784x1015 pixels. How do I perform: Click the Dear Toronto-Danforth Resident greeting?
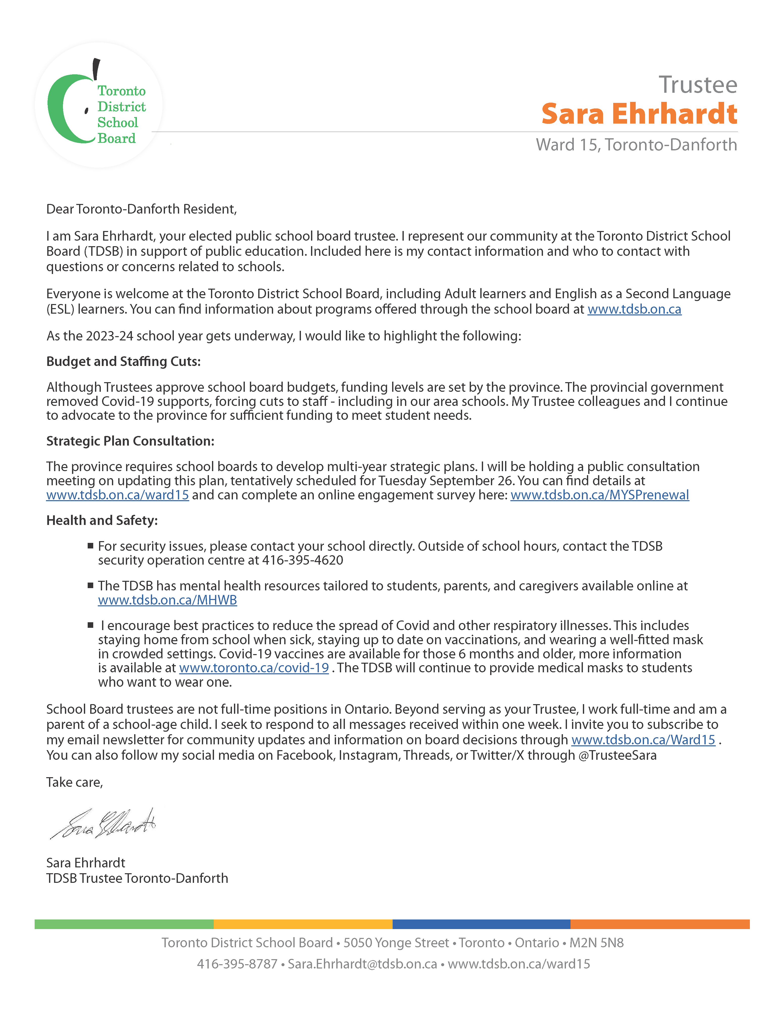click(141, 209)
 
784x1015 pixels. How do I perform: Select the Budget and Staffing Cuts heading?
click(123, 362)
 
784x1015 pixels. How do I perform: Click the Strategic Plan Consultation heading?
click(130, 441)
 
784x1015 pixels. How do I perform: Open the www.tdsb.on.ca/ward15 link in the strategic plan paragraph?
click(117, 495)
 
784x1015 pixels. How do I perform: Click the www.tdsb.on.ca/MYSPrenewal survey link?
click(600, 495)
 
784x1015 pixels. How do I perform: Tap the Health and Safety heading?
click(102, 520)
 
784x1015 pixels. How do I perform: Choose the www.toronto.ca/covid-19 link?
click(254, 668)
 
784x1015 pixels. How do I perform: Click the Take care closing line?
click(74, 783)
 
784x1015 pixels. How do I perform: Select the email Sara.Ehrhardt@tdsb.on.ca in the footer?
click(362, 964)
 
